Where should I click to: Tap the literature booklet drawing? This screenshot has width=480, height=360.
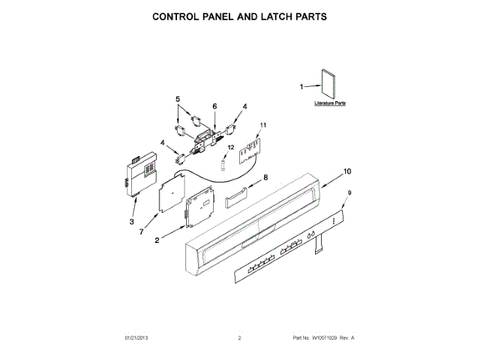click(x=325, y=85)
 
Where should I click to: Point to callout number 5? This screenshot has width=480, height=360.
click(x=178, y=99)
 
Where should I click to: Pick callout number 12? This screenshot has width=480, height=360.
click(x=231, y=148)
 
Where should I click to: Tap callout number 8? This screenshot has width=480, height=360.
click(x=264, y=178)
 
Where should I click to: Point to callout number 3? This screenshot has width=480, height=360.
click(x=131, y=223)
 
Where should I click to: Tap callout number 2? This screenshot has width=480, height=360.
click(x=157, y=241)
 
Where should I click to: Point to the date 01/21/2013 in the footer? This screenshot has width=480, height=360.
click(x=136, y=338)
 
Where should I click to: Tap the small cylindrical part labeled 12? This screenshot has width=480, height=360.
click(x=223, y=163)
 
